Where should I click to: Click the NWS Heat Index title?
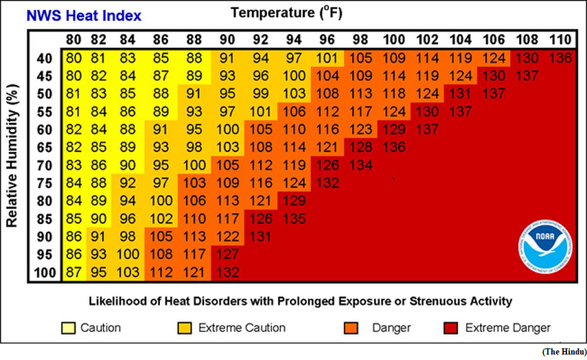pyautogui.click(x=84, y=15)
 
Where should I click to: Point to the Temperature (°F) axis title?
pyautogui.click(x=286, y=13)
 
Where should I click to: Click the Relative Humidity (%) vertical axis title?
pyautogui.click(x=12, y=155)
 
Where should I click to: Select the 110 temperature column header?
pyautogui.click(x=560, y=40)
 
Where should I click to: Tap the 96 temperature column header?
pyautogui.click(x=327, y=40)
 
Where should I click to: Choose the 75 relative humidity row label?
pyautogui.click(x=44, y=183)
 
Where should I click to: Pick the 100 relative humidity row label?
pyautogui.click(x=45, y=273)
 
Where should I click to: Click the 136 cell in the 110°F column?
pyautogui.click(x=560, y=58)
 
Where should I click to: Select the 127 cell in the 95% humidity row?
pyautogui.click(x=228, y=254)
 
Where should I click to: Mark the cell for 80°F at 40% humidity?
pyautogui.click(x=73, y=58)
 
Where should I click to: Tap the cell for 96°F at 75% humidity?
pyautogui.click(x=327, y=183)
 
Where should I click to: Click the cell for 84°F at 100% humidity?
pyautogui.click(x=128, y=272)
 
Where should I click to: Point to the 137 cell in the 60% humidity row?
pyautogui.click(x=427, y=130)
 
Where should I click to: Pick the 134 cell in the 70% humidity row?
pyautogui.click(x=361, y=165)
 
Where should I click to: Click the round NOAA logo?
pyautogui.click(x=545, y=247)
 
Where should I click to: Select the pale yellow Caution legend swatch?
pyautogui.click(x=68, y=328)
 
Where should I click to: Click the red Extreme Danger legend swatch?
pyautogui.click(x=451, y=328)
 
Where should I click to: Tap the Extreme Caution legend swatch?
pyautogui.click(x=185, y=328)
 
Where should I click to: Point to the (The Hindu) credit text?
pyautogui.click(x=564, y=352)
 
